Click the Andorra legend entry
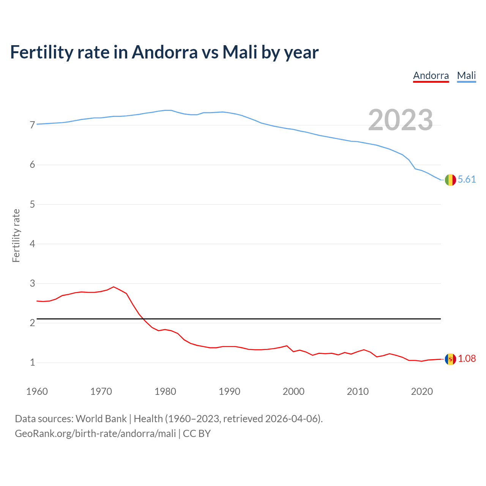(x=431, y=76)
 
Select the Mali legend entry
(x=466, y=76)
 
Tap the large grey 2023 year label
(x=401, y=120)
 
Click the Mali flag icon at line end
(x=450, y=180)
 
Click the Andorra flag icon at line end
(x=450, y=359)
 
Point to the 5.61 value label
(x=467, y=180)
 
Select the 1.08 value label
(x=467, y=358)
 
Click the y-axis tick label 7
(x=32, y=125)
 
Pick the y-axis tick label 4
(x=32, y=244)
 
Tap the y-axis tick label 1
(x=32, y=363)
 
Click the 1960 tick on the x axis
(x=37, y=391)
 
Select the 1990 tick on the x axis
(x=229, y=391)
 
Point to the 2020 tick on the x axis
(x=422, y=391)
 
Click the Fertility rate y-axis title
(x=16, y=235)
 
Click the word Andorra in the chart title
(x=165, y=52)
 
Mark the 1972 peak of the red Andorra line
(x=114, y=287)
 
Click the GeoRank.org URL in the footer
(x=95, y=434)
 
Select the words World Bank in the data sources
(x=101, y=419)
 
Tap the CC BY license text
(x=197, y=434)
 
